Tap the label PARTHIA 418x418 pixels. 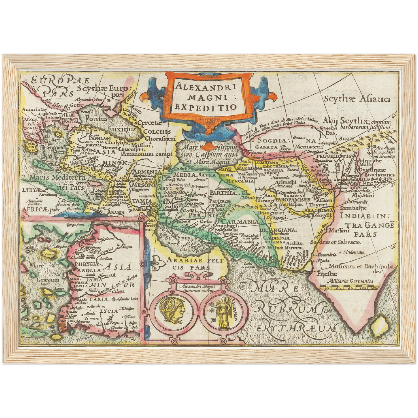(x=223, y=193)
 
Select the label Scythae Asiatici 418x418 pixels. (x=357, y=99)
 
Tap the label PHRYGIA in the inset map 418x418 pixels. (x=86, y=264)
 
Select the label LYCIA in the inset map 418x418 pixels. (x=109, y=311)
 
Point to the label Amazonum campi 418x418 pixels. (x=147, y=154)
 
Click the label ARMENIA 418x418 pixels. (x=146, y=172)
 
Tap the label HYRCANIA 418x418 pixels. (x=235, y=181)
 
